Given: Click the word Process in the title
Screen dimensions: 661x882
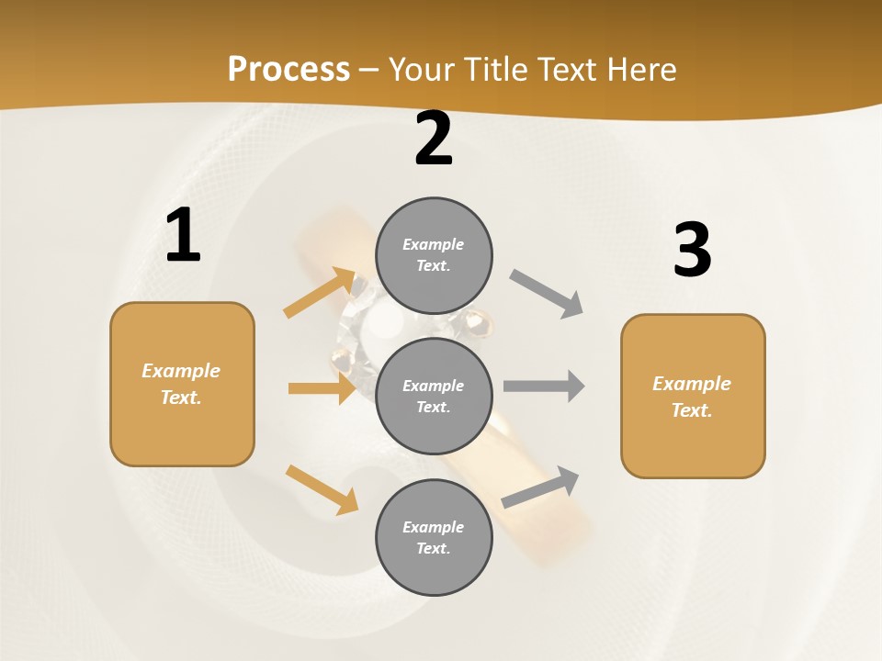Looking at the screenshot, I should [x=288, y=69].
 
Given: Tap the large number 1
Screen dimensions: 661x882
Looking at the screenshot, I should [x=183, y=236].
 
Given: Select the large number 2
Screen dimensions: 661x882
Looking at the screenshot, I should [x=434, y=139].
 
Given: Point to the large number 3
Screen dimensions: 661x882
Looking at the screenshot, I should [x=692, y=250].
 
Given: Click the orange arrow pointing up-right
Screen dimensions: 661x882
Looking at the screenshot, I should [x=320, y=293].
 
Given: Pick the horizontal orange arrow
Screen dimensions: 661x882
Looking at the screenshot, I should [x=322, y=388].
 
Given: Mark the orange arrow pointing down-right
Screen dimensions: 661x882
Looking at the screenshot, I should [x=322, y=489].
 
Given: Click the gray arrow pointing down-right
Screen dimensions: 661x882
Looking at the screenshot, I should [x=546, y=294].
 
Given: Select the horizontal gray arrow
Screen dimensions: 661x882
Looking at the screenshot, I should [x=544, y=386].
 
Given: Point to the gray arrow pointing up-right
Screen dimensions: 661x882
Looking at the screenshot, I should [x=540, y=487].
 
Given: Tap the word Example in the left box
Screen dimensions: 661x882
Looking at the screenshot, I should [x=181, y=371].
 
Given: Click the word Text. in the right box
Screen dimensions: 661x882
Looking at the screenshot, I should [x=692, y=410].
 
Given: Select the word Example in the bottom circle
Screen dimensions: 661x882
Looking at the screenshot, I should [x=434, y=527].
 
